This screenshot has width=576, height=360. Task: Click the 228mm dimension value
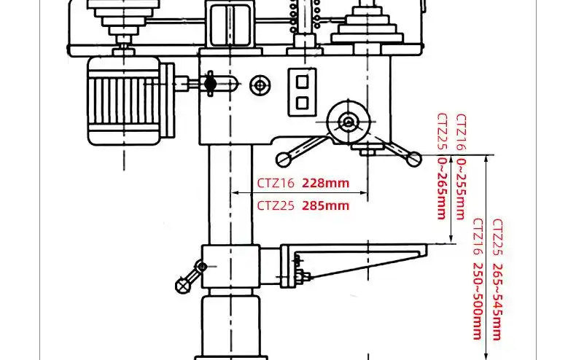[325, 183]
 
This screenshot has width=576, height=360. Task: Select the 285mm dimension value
[325, 206]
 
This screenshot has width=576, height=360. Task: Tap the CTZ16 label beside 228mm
[276, 183]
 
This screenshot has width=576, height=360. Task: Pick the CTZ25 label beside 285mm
[276, 206]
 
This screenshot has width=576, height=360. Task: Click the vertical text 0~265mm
[441, 187]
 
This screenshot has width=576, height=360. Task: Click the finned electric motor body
[124, 100]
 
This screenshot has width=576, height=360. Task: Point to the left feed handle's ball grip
[281, 158]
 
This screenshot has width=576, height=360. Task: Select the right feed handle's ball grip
[414, 157]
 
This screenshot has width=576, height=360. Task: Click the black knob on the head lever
[211, 85]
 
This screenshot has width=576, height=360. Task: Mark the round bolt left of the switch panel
[259, 85]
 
